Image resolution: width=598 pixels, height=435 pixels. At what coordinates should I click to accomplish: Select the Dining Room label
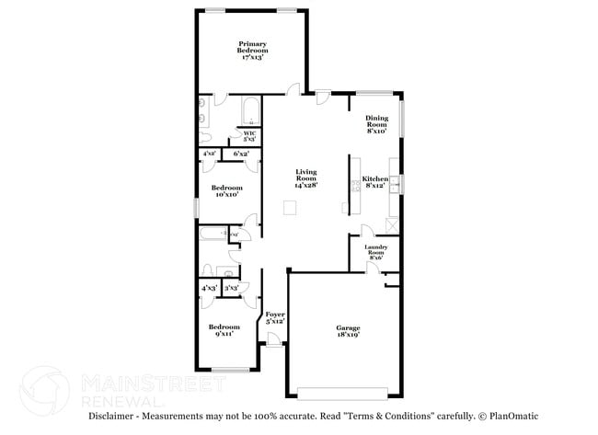(376, 123)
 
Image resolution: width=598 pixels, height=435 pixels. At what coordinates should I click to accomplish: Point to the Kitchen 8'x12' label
(374, 183)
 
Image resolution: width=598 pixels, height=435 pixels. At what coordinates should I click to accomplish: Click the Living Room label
(305, 177)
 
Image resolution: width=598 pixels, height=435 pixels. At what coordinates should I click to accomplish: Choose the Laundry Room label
(375, 251)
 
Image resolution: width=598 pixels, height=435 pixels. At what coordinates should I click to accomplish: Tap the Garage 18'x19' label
(347, 332)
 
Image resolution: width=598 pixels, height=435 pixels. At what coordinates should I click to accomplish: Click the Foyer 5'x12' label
(275, 318)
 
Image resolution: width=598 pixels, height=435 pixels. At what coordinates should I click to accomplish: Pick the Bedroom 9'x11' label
(224, 330)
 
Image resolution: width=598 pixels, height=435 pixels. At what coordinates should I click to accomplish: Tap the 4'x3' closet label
(210, 289)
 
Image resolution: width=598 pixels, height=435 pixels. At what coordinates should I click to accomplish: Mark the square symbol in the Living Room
(291, 210)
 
